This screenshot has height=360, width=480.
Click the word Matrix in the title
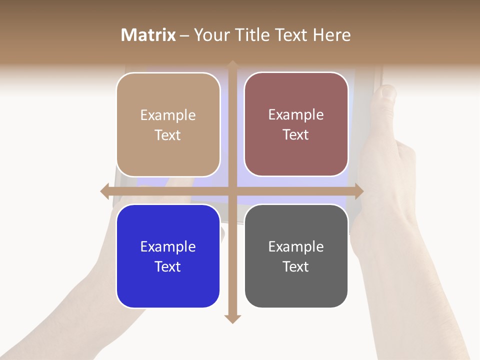148,35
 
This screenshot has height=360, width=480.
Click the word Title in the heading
252,35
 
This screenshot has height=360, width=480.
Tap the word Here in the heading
331,35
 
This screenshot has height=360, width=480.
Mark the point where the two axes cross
232,191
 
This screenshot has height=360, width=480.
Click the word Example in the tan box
168,115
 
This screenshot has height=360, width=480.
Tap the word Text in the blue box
168,266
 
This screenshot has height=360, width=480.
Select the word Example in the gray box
296,246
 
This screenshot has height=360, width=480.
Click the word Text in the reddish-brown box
296,135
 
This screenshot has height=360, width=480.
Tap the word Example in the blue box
168,246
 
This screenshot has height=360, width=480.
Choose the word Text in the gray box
296,266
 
